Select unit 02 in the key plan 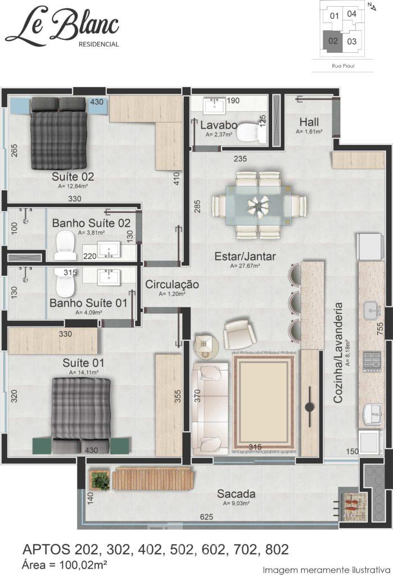pyautogui.click(x=332, y=40)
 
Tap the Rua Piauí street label pyautogui.click(x=343, y=66)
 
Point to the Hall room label pyautogui.click(x=309, y=122)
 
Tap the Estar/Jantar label pyautogui.click(x=245, y=256)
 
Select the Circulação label pyautogui.click(x=172, y=284)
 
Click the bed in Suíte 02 pyautogui.click(x=59, y=134)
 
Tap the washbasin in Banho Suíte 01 pyautogui.click(x=109, y=277)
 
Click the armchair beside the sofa pyautogui.click(x=240, y=334)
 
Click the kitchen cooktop pyautogui.click(x=372, y=362)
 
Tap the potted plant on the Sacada pyautogui.click(x=99, y=479)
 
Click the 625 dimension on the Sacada pyautogui.click(x=206, y=517)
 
